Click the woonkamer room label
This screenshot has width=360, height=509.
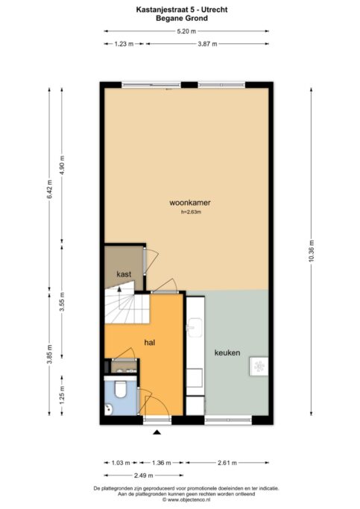click(190, 203)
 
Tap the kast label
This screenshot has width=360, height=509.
click(124, 274)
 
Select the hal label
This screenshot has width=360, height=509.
click(150, 342)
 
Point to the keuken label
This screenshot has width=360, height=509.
click(227, 352)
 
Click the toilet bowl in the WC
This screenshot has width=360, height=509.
click(121, 389)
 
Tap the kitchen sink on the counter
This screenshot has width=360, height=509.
click(195, 328)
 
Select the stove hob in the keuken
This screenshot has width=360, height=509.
click(259, 366)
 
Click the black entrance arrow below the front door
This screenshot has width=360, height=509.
click(157, 431)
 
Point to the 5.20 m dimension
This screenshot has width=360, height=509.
click(186, 31)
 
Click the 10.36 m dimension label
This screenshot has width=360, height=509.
click(312, 251)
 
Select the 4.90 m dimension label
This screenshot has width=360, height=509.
click(63, 165)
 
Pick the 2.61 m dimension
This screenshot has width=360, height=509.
click(227, 463)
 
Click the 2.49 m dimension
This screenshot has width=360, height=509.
click(144, 475)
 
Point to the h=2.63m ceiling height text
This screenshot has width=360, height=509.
click(192, 212)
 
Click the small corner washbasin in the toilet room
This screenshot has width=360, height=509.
click(108, 409)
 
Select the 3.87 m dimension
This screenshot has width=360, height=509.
click(207, 44)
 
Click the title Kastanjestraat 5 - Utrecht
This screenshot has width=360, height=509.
click(182, 10)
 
